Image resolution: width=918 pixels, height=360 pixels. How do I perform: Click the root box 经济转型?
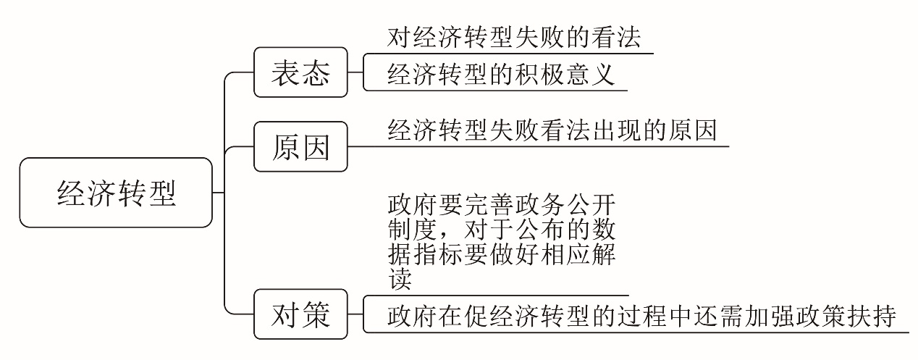117,192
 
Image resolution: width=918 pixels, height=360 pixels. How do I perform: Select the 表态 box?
300,72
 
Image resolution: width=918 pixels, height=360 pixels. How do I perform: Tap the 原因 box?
300,147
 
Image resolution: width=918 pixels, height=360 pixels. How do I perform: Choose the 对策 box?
300,314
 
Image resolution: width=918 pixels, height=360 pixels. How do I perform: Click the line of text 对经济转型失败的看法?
513,37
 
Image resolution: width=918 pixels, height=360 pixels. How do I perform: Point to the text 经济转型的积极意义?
500,75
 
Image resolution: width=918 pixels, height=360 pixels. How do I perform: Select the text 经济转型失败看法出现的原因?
552,130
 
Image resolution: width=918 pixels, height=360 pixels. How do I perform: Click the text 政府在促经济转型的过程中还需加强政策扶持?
641,316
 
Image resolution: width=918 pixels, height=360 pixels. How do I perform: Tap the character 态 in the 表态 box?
316,72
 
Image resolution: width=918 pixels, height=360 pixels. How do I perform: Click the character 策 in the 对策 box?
316,314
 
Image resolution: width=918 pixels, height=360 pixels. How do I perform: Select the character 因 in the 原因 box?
316,147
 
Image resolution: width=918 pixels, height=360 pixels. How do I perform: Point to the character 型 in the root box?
163,192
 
